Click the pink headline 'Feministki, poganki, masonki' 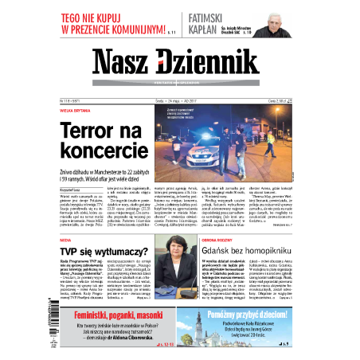click(117, 315)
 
